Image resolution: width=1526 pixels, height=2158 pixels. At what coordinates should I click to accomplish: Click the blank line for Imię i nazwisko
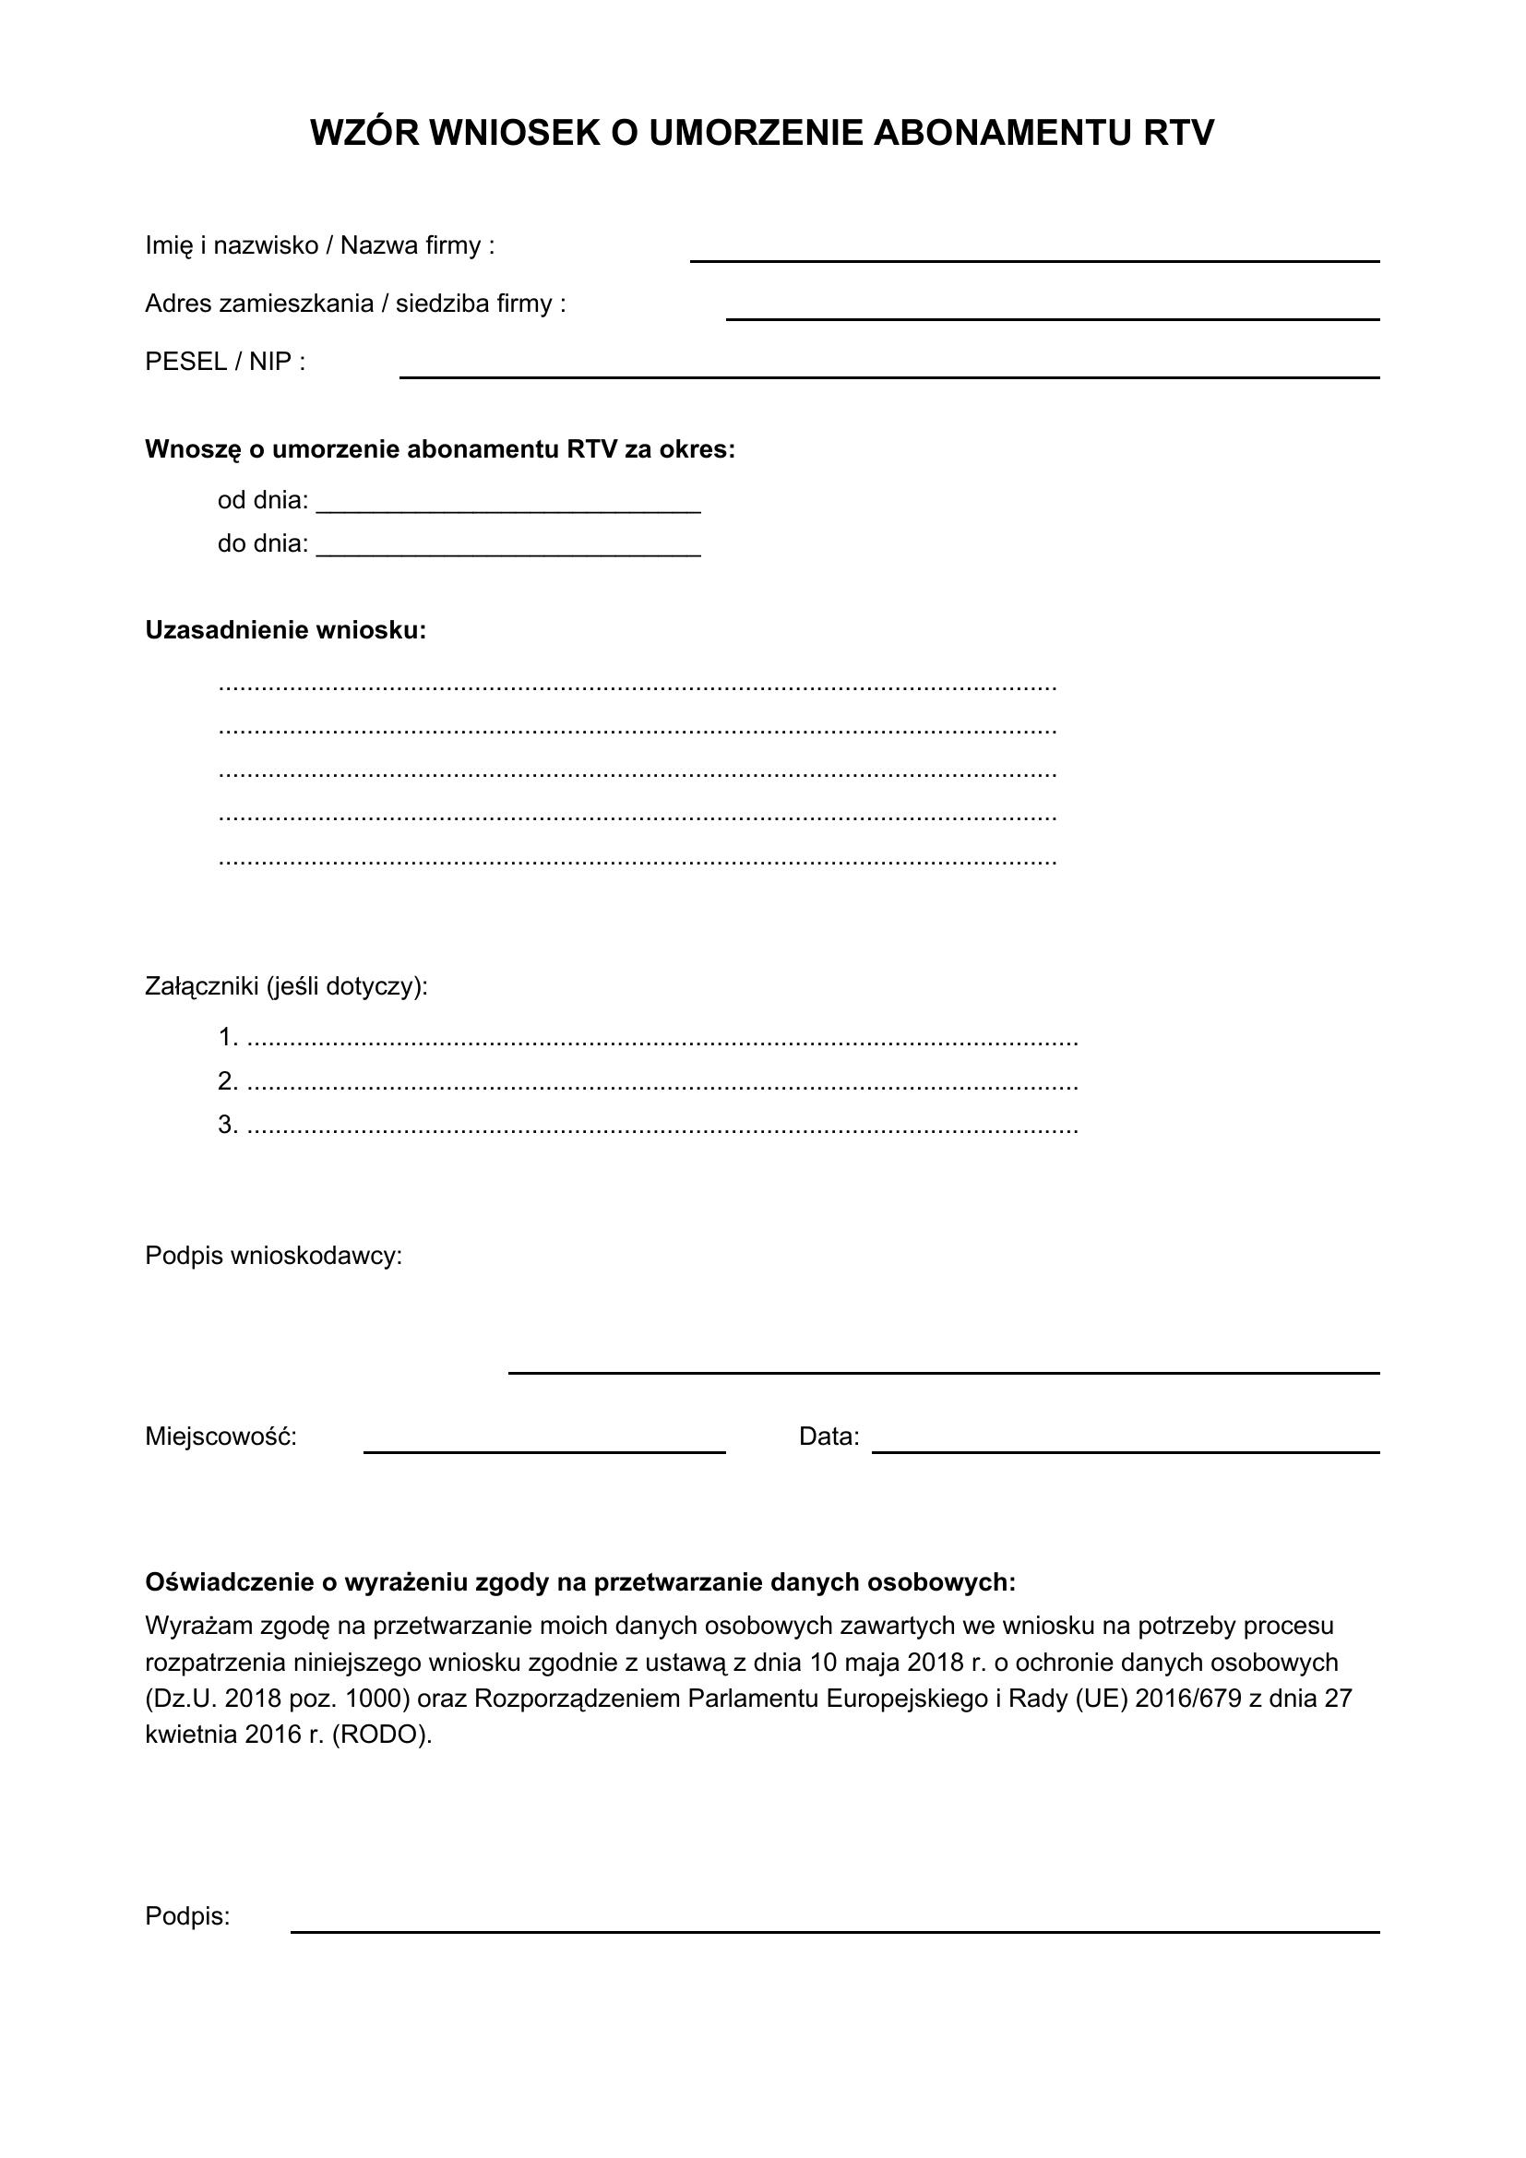point(1033,259)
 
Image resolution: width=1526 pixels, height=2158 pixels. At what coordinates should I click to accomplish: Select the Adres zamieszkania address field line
point(1053,317)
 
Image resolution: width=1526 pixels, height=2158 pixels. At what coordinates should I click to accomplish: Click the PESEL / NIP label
point(224,362)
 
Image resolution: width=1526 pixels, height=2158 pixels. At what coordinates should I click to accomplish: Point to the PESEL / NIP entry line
point(888,376)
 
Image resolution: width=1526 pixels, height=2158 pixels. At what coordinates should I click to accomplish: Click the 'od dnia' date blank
point(508,510)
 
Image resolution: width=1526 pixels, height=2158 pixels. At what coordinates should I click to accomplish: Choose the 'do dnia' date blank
point(508,554)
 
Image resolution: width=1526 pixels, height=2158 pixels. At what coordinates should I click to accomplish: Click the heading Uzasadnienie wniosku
point(286,630)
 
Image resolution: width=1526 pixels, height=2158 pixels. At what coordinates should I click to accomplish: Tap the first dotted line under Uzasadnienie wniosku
point(638,688)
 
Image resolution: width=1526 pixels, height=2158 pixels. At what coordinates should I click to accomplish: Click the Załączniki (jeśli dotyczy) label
point(286,986)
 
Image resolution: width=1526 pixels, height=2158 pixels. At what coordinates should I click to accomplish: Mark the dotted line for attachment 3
point(662,1127)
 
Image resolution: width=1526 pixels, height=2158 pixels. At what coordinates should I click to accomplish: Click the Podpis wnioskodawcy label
point(273,1256)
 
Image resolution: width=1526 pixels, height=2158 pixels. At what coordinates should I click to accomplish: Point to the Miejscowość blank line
point(544,1450)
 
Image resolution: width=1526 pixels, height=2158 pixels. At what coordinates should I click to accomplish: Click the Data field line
point(1126,1450)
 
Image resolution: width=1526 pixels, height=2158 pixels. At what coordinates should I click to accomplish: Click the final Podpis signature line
point(834,1930)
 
